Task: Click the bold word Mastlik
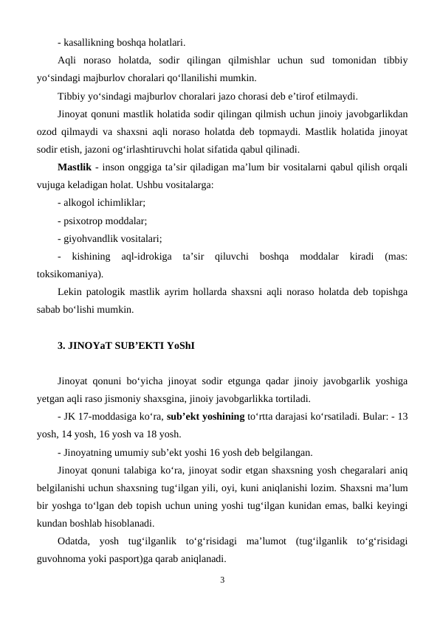(x=74, y=167)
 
